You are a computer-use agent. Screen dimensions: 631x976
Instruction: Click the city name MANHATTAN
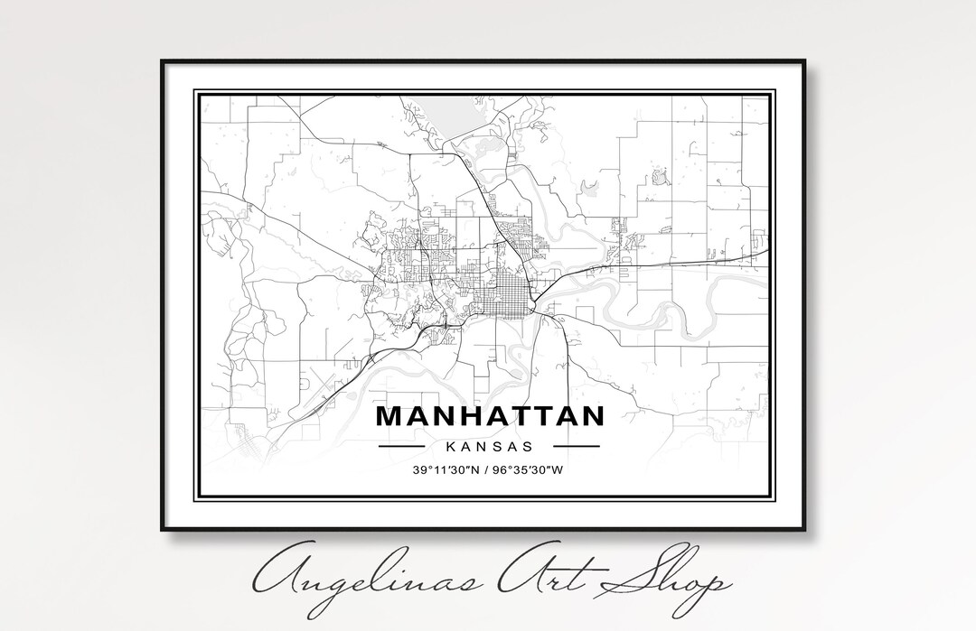[x=489, y=416]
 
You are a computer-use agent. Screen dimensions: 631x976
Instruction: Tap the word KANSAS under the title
[x=488, y=446]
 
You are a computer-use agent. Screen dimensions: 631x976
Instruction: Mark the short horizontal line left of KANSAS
[x=401, y=446]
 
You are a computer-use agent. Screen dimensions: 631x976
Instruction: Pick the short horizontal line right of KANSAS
[x=576, y=446]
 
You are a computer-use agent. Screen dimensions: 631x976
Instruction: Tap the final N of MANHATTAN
[x=591, y=416]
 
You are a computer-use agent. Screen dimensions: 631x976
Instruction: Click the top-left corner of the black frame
[x=163, y=61]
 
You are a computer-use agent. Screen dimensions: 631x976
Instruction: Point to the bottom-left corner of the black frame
[x=163, y=530]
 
